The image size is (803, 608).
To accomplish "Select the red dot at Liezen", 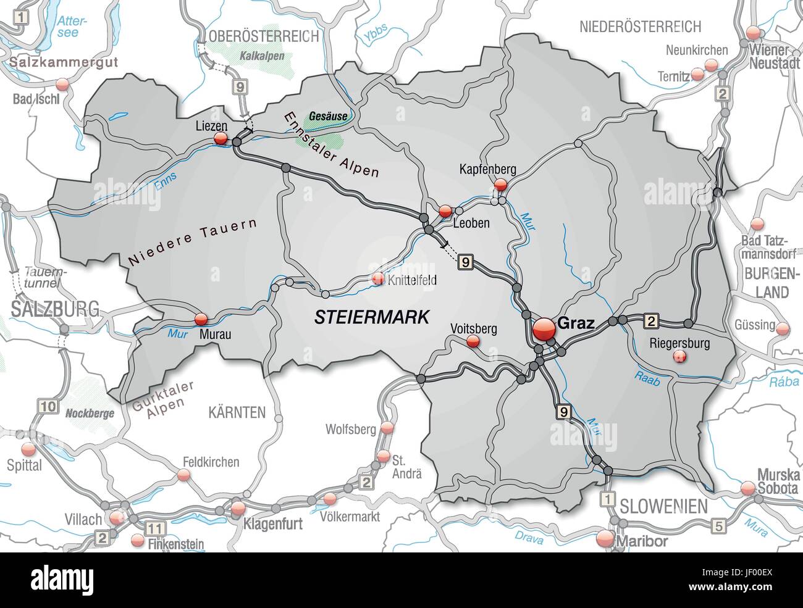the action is pyautogui.click(x=220, y=140).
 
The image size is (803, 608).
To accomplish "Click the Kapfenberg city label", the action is pyautogui.click(x=487, y=169).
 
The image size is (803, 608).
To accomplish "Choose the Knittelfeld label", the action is pyautogui.click(x=412, y=280).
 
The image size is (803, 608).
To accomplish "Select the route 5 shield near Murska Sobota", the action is pyautogui.click(x=718, y=526).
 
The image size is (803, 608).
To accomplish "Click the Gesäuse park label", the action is pyautogui.click(x=324, y=115).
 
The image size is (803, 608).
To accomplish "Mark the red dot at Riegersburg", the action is pyautogui.click(x=679, y=356).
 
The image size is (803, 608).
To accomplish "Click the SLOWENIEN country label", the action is pyautogui.click(x=663, y=507).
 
